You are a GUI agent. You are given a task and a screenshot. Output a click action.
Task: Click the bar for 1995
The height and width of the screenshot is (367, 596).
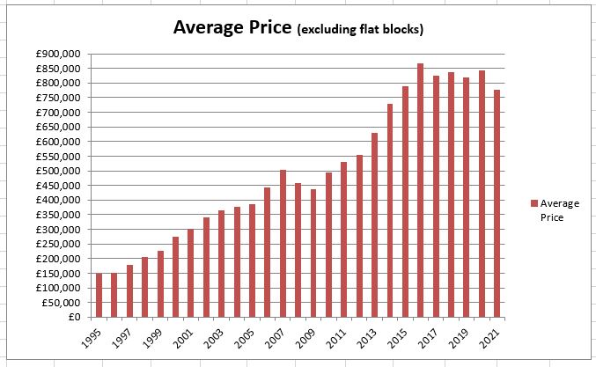[99, 295]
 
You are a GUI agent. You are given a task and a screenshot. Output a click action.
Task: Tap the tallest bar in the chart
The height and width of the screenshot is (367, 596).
[420, 190]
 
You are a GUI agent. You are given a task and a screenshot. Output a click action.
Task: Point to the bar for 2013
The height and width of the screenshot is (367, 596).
[374, 224]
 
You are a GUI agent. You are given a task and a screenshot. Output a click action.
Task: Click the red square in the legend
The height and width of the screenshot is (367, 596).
[533, 203]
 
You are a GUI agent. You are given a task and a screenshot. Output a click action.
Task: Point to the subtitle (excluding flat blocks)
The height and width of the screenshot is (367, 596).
[360, 30]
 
